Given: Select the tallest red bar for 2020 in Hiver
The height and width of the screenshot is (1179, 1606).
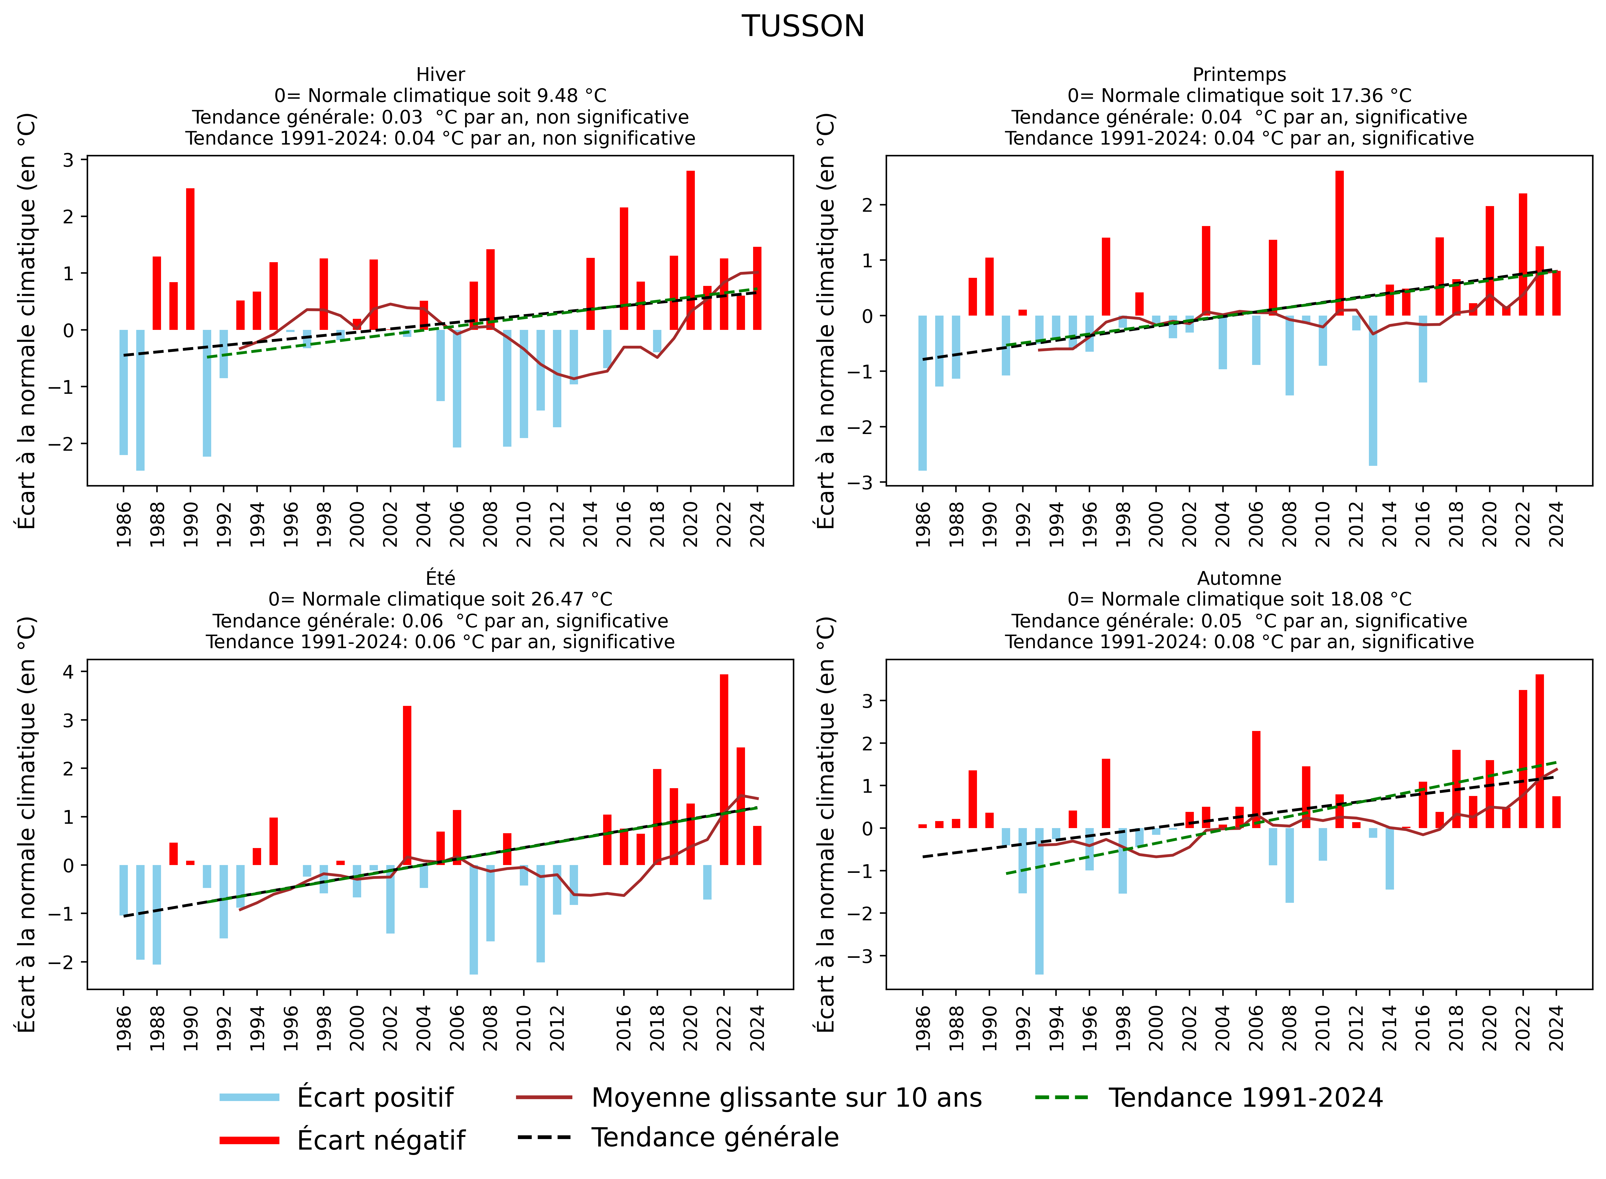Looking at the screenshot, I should pyautogui.click(x=690, y=250).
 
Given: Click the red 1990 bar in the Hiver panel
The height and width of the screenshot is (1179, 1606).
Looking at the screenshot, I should pyautogui.click(x=191, y=258).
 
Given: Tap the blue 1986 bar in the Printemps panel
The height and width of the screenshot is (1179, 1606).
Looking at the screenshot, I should pyautogui.click(x=922, y=392).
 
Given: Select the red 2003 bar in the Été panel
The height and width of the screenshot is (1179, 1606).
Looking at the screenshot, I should pyautogui.click(x=407, y=785).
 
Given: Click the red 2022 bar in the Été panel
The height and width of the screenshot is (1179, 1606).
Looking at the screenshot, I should pyautogui.click(x=724, y=769).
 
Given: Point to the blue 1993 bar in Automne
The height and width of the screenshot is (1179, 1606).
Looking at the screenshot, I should pyautogui.click(x=1039, y=901).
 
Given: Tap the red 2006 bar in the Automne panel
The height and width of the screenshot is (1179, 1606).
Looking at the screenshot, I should pyautogui.click(x=1256, y=779).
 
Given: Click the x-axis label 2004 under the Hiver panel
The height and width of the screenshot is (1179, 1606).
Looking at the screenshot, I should pyautogui.click(x=424, y=525).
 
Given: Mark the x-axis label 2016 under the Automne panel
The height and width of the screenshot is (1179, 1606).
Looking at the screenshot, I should pyautogui.click(x=1423, y=1028).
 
